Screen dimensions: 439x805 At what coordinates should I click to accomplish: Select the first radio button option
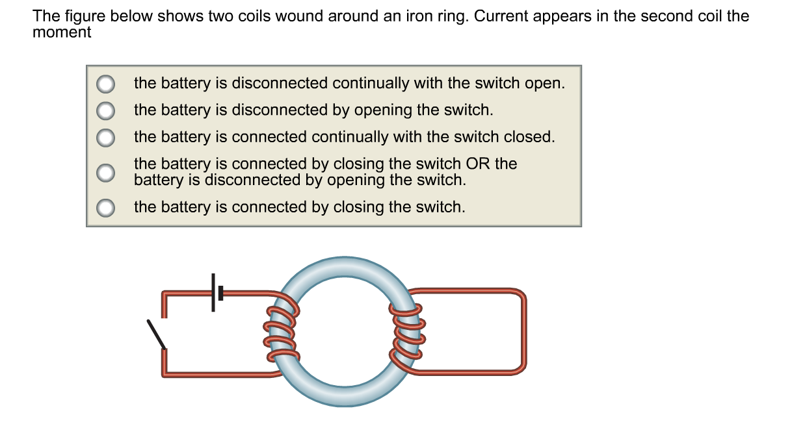[106, 84]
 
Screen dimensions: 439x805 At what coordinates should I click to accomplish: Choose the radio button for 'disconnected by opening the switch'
[106, 111]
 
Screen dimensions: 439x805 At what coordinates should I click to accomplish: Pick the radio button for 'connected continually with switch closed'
[106, 138]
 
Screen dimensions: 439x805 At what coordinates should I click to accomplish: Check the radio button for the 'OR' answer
[106, 172]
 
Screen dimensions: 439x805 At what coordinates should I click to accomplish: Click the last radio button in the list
[106, 208]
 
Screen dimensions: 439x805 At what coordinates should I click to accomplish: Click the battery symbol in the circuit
[216, 293]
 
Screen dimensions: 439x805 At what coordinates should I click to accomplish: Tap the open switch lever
[156, 334]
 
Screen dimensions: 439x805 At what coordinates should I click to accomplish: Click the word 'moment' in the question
[62, 32]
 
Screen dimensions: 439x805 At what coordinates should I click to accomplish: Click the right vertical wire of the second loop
[521, 331]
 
